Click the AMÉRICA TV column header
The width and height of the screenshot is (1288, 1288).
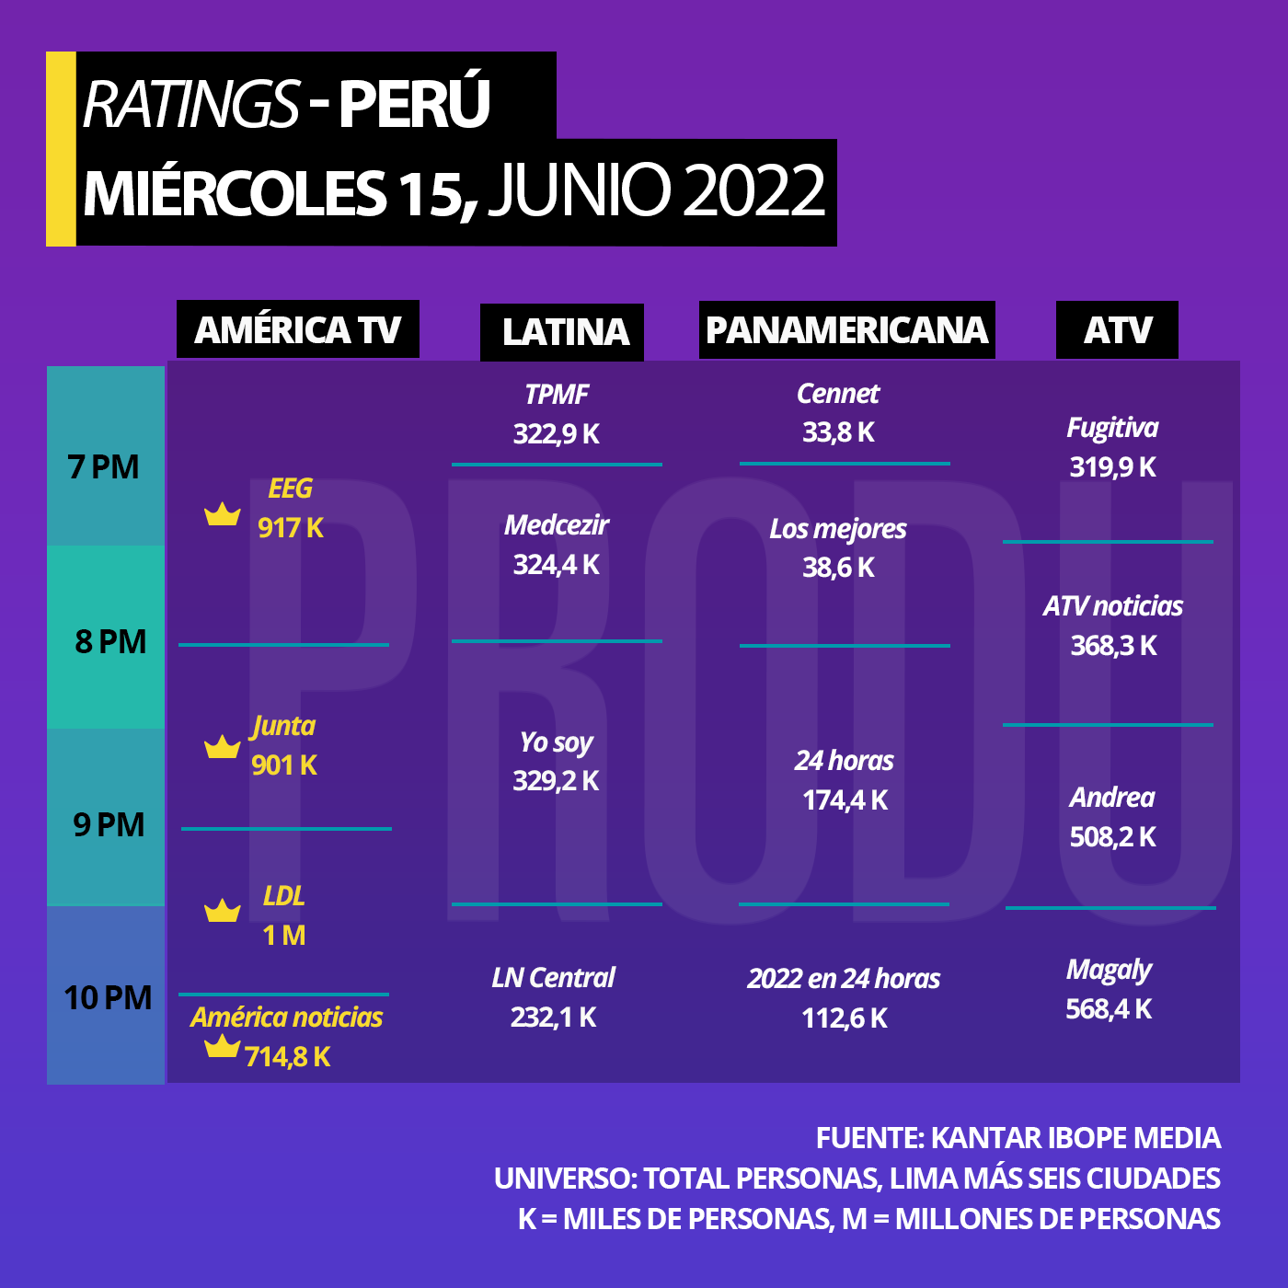coord(297,328)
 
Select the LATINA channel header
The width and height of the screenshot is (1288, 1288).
coord(561,332)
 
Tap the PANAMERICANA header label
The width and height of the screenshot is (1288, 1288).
coord(846,329)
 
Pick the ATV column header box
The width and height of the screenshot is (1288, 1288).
coord(1117,329)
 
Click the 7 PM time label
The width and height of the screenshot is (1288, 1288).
coord(104,466)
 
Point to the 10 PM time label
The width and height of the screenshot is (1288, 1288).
coord(108,997)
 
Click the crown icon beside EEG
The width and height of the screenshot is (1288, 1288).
coord(222,514)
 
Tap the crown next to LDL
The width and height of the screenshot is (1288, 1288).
coord(222,911)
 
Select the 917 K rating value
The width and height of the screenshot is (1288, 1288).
coord(291,528)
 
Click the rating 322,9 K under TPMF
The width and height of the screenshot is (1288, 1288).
coord(556,434)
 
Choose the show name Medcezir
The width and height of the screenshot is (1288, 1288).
coord(556,525)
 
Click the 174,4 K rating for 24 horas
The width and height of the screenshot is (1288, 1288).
coord(845,800)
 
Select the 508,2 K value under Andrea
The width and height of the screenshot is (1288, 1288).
coord(1113,837)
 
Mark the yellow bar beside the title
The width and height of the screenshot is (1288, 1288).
coord(61,149)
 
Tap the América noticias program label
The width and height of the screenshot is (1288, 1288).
coord(287,1018)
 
